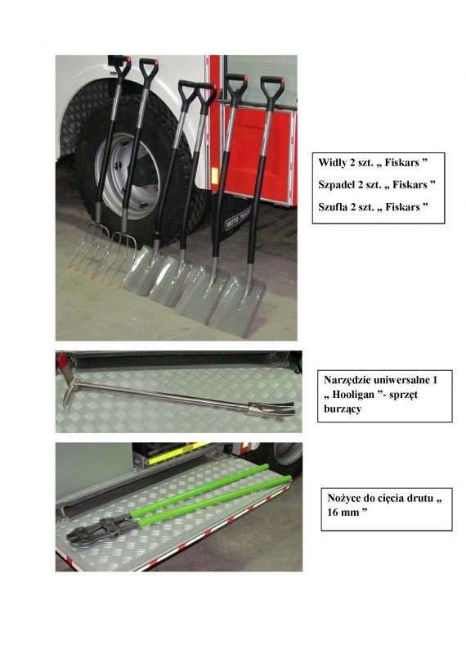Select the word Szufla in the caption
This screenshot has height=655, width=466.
(332, 207)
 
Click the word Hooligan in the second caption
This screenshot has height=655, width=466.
(353, 395)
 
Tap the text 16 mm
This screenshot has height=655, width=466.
(343, 513)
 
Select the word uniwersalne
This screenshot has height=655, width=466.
(401, 380)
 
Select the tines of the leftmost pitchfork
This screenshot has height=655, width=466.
(90, 250)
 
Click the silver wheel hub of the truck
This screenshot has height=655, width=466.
(127, 176)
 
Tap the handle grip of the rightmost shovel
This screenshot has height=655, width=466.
(272, 87)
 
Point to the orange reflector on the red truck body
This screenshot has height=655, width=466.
(214, 175)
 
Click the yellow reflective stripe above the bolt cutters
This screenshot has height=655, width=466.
(178, 454)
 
